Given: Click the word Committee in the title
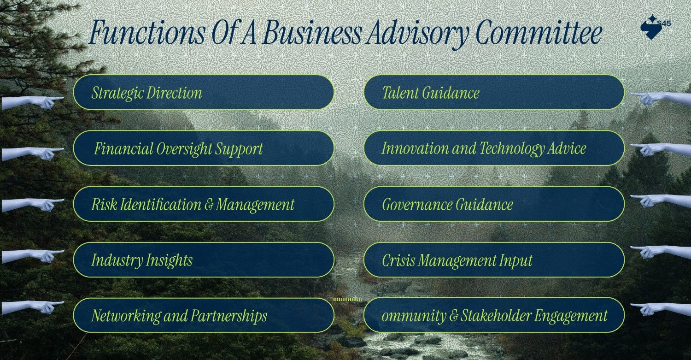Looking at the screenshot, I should (538, 33).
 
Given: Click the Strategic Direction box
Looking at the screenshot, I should (203, 93).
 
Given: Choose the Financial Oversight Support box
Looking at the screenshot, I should (203, 148).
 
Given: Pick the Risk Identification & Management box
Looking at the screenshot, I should (203, 204).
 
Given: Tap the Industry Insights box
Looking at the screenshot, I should (203, 260).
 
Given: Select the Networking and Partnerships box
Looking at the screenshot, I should (203, 316).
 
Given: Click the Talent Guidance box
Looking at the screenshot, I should (494, 93).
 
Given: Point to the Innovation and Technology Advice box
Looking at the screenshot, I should (494, 148).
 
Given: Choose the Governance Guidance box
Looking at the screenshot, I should (494, 204).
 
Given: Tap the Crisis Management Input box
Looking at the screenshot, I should (494, 260).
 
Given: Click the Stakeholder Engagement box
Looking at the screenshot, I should (494, 316).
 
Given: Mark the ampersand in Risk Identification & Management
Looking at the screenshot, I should (209, 205).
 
